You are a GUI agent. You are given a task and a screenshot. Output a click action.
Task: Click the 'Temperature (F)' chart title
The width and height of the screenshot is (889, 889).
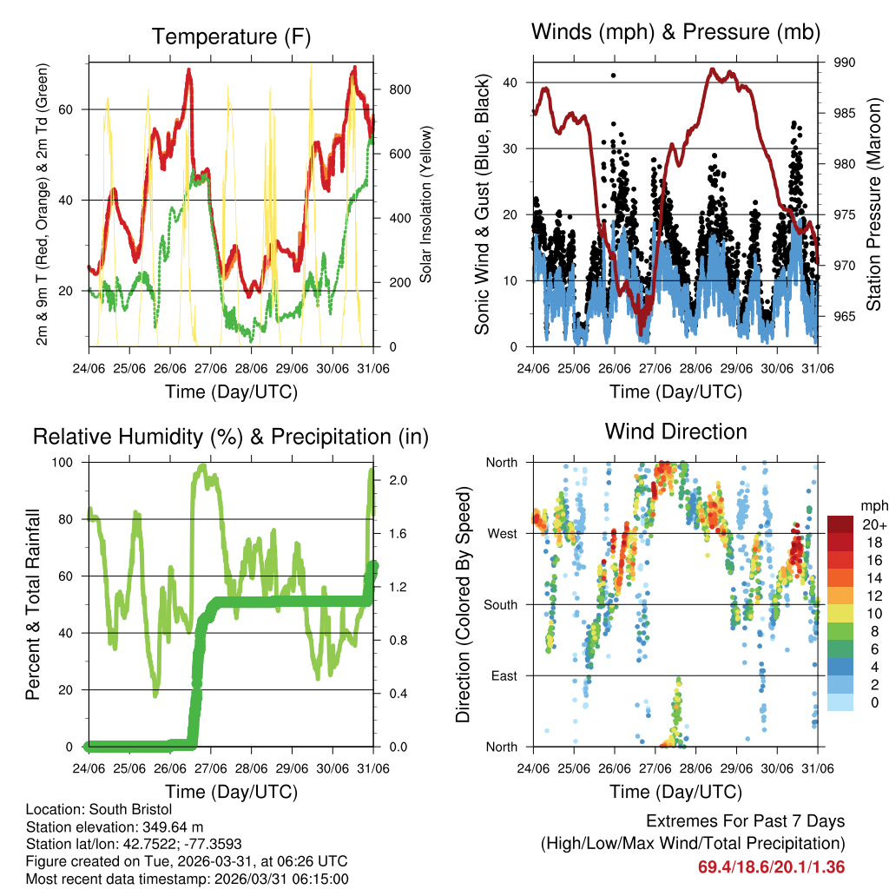[x=231, y=36]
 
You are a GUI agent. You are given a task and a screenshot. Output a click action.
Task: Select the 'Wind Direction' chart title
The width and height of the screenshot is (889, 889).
[x=675, y=431]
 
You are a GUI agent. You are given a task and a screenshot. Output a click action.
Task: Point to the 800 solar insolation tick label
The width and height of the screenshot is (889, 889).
[x=400, y=89]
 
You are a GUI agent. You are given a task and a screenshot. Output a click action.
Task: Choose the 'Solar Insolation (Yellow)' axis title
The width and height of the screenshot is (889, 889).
[x=426, y=204]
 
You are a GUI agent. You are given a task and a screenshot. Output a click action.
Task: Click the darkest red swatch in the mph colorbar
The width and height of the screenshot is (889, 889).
[x=841, y=524]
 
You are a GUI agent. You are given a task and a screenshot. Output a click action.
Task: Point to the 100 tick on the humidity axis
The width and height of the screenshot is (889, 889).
[x=70, y=463]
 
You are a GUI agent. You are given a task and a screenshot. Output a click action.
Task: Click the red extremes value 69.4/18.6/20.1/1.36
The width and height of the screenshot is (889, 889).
[x=771, y=866]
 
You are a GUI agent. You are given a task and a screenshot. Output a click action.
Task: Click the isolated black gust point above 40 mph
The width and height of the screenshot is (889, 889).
[x=614, y=76]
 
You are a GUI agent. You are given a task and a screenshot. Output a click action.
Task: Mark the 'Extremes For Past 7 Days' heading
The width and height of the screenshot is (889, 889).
[x=745, y=821]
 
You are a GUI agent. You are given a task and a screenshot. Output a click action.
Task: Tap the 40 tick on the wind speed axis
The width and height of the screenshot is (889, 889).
[x=510, y=82]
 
